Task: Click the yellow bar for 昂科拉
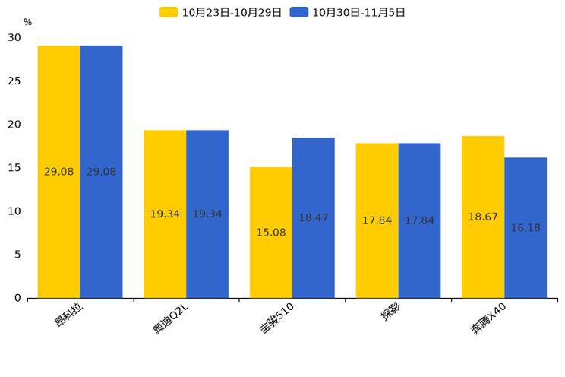[x=59, y=172]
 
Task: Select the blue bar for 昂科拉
[x=101, y=172]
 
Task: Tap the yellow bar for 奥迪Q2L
[x=165, y=214]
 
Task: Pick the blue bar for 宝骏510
[x=314, y=218]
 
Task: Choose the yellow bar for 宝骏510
[x=271, y=233]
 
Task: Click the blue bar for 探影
[x=419, y=220]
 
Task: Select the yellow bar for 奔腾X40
[x=483, y=217]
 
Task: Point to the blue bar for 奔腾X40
[x=526, y=228]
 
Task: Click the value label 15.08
[x=271, y=233]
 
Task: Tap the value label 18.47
[x=314, y=218]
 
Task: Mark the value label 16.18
[x=526, y=228]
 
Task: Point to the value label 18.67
[x=483, y=217]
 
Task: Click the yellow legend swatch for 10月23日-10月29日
[x=169, y=12]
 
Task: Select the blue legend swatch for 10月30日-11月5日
[x=299, y=12]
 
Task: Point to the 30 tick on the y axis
[x=14, y=37]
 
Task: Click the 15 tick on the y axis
[x=14, y=168]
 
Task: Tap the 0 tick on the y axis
[x=17, y=298]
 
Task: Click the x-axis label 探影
[x=390, y=312]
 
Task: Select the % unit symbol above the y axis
[x=28, y=22]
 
